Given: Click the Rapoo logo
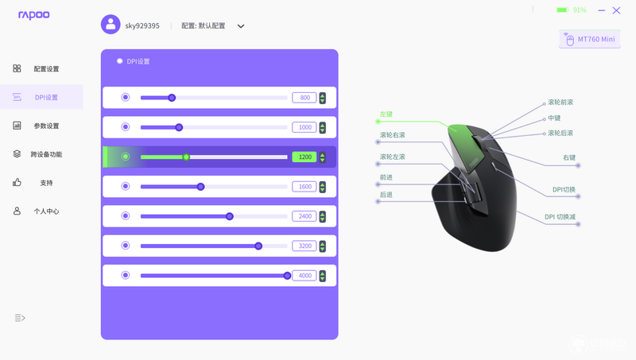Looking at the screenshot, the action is coord(34,15).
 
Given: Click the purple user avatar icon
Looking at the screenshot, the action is coord(111,25).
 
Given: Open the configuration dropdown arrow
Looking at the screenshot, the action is coord(241,26).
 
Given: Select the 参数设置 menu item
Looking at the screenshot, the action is coord(46,126).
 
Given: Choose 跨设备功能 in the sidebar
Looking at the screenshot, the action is coord(46,154).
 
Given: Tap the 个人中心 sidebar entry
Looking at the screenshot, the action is coord(46,211).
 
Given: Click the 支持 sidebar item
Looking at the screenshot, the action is coord(46,183).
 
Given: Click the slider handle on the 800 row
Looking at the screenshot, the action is coord(172,98).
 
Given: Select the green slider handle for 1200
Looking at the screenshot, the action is coord(186,157).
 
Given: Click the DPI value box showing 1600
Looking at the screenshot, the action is coord(304,187).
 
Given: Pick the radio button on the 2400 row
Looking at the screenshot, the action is coord(126,215).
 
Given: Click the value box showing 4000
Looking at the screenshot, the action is coord(304,276).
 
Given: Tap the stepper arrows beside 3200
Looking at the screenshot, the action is coord(323,246).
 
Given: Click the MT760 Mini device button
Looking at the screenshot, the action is coord(590,39).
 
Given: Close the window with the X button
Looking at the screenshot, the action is coord(617,10).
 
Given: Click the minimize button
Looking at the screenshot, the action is coord(602,10).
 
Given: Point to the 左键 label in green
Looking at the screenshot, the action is coord(386,114).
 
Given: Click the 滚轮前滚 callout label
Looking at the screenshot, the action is coord(560,103).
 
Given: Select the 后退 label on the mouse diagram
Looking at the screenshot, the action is coord(386,195).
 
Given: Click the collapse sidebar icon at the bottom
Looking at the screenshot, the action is coord(20,318).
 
